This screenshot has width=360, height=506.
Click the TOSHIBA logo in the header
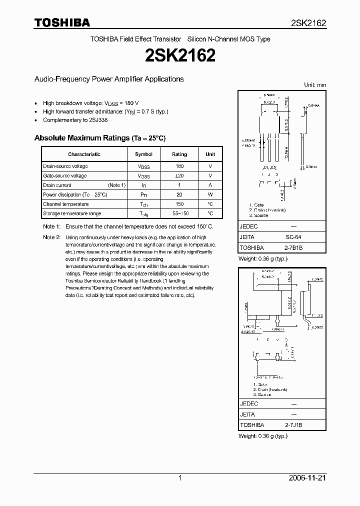tap(62, 23)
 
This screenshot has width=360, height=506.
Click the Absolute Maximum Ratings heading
tap(99, 138)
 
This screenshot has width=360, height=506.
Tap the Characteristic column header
tap(84, 154)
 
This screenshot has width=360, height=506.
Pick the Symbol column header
tap(143, 154)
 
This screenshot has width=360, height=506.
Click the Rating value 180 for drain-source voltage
tap(179, 166)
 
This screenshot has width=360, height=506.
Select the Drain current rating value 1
tap(179, 185)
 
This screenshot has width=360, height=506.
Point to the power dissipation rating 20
tap(179, 194)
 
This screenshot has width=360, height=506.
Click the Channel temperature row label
tap(65, 204)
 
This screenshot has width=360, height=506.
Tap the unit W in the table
tap(210, 194)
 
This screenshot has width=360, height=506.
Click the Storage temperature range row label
tap(72, 213)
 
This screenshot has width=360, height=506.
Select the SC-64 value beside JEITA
tap(293, 237)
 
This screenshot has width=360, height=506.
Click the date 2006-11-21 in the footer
tap(307, 478)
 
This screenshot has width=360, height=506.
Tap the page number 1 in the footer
tap(180, 478)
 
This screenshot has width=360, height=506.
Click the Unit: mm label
tap(315, 85)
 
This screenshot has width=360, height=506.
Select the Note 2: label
tap(51, 237)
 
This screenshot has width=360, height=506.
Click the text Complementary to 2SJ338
tap(75, 120)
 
